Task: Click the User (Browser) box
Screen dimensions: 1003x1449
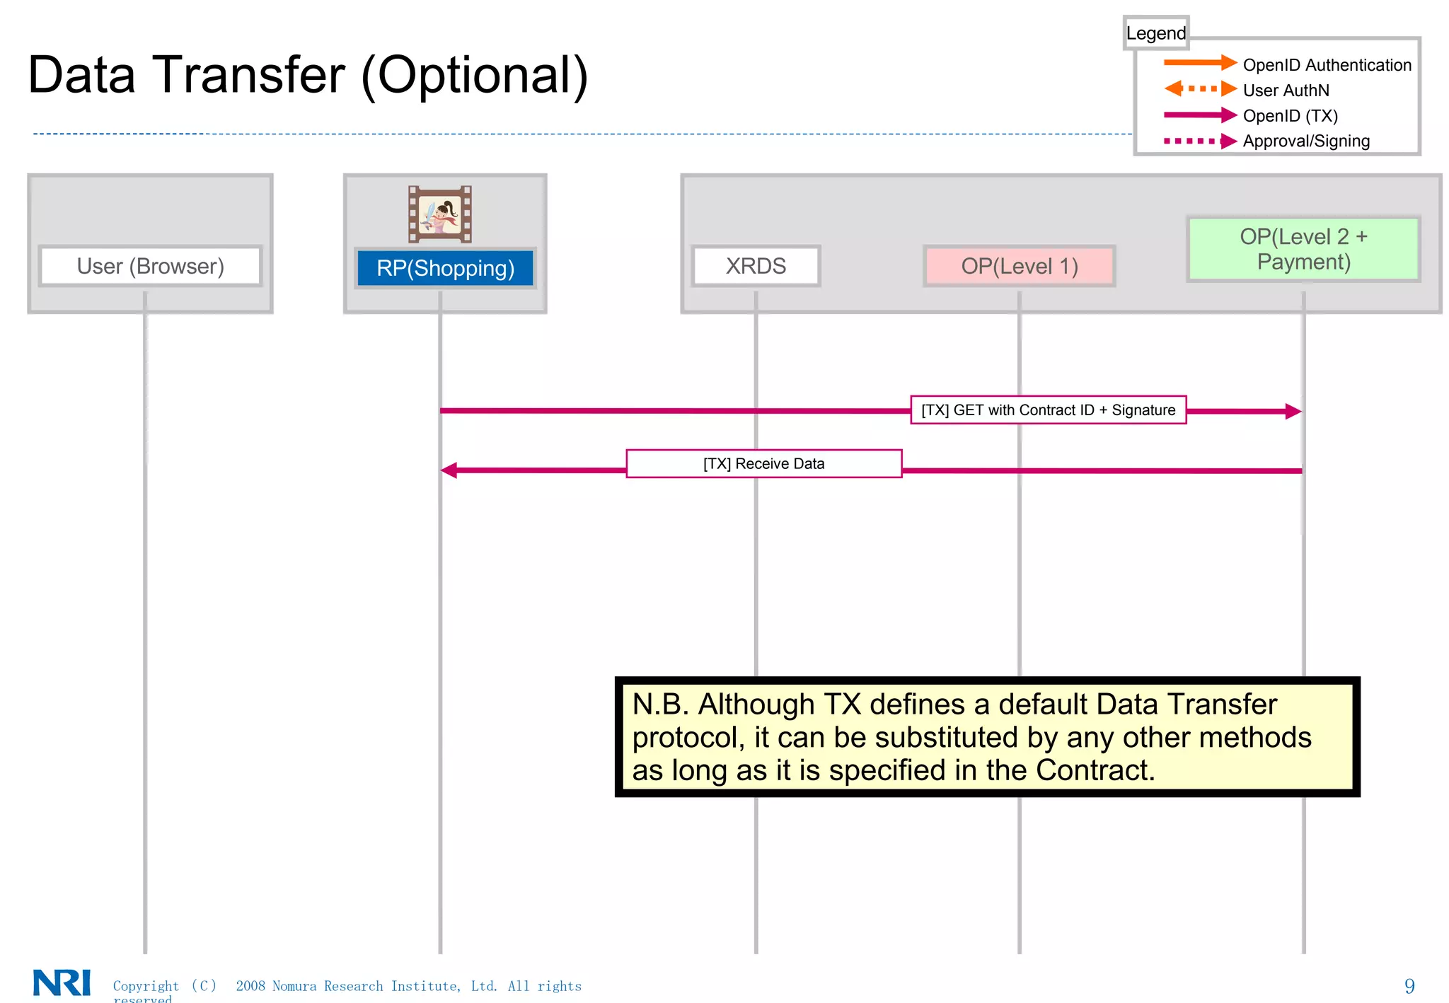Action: click(x=150, y=266)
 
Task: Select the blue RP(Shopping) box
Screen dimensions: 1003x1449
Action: click(x=445, y=268)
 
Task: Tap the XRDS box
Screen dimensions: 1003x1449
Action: click(x=756, y=266)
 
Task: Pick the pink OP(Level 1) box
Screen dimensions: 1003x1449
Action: click(x=1019, y=266)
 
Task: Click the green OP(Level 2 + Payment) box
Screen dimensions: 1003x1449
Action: click(x=1303, y=249)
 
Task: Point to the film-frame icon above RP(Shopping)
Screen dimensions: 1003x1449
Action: click(x=440, y=214)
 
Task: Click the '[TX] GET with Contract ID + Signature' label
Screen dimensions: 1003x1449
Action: click(x=1048, y=410)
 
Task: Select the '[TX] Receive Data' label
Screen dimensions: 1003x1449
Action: click(x=763, y=464)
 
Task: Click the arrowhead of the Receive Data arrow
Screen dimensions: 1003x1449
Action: click(x=449, y=470)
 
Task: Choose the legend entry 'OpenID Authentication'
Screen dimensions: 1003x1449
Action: click(x=1327, y=65)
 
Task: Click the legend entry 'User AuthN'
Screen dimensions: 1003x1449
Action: click(x=1286, y=91)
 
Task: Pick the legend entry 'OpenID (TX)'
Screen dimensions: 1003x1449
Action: click(x=1290, y=116)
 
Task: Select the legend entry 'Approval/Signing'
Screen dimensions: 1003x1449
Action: click(x=1306, y=141)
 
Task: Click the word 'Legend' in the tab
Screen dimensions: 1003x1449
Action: click(x=1155, y=33)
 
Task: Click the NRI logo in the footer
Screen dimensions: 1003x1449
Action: click(x=62, y=982)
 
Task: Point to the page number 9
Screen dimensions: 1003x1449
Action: click(x=1409, y=986)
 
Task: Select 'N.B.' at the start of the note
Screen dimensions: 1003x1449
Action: click(x=660, y=705)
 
